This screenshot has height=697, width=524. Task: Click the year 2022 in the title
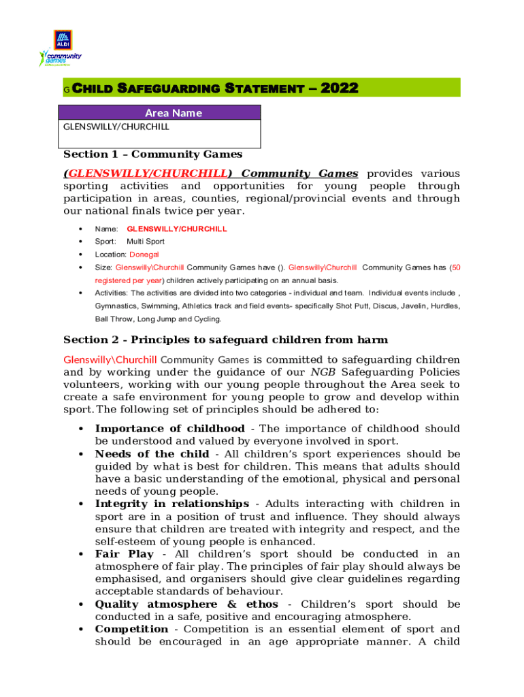pos(338,88)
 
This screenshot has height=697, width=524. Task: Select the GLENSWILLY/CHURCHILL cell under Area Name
pos(160,127)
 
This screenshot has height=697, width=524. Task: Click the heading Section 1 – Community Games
pos(152,155)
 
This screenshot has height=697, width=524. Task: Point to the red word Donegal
pos(144,255)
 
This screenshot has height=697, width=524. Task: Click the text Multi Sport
pos(145,242)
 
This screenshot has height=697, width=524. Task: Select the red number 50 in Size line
pos(456,268)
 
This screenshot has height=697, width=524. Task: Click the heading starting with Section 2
pos(225,340)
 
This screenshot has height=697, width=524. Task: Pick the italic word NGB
pos(323,372)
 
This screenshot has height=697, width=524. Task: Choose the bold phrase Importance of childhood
pos(169,429)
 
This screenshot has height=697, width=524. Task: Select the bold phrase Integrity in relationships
pos(171,504)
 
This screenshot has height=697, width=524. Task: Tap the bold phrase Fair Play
pos(124,555)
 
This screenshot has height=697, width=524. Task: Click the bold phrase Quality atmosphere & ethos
pos(186,604)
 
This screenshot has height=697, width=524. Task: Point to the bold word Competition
pos(131,630)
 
